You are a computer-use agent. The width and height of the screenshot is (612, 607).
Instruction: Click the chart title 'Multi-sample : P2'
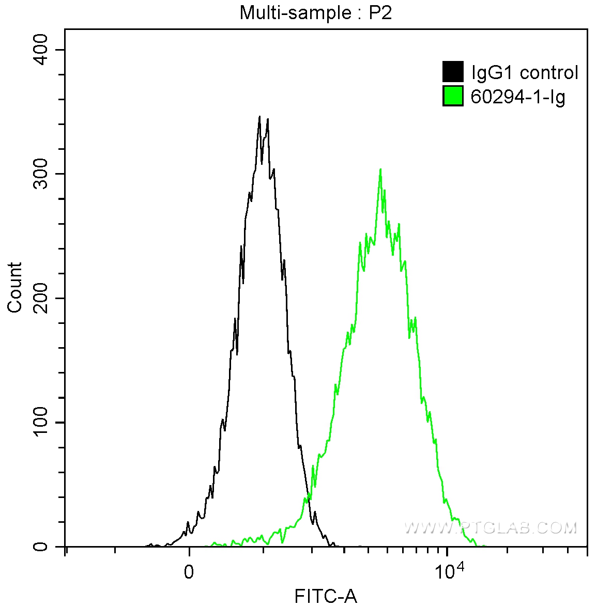(x=316, y=12)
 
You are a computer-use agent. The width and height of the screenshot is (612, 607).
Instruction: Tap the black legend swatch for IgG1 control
(x=453, y=72)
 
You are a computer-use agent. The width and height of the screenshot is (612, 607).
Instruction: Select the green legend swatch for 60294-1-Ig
(x=453, y=96)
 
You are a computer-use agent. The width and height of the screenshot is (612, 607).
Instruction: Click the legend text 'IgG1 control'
(x=525, y=72)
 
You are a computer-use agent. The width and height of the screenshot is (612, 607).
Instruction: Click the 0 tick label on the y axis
(x=41, y=547)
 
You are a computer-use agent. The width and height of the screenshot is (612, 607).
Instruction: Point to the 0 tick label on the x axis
(x=189, y=572)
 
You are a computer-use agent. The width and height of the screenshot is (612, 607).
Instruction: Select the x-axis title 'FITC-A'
(x=326, y=596)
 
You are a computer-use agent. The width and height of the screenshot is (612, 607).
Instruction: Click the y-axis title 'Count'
(x=15, y=287)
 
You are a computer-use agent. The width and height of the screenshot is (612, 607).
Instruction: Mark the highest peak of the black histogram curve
(x=259, y=117)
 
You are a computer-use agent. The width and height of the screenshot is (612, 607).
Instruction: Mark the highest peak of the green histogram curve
(x=380, y=169)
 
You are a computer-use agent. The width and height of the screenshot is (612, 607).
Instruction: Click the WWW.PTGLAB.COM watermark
(x=490, y=527)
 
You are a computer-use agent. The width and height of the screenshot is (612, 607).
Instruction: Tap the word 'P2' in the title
(x=380, y=12)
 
